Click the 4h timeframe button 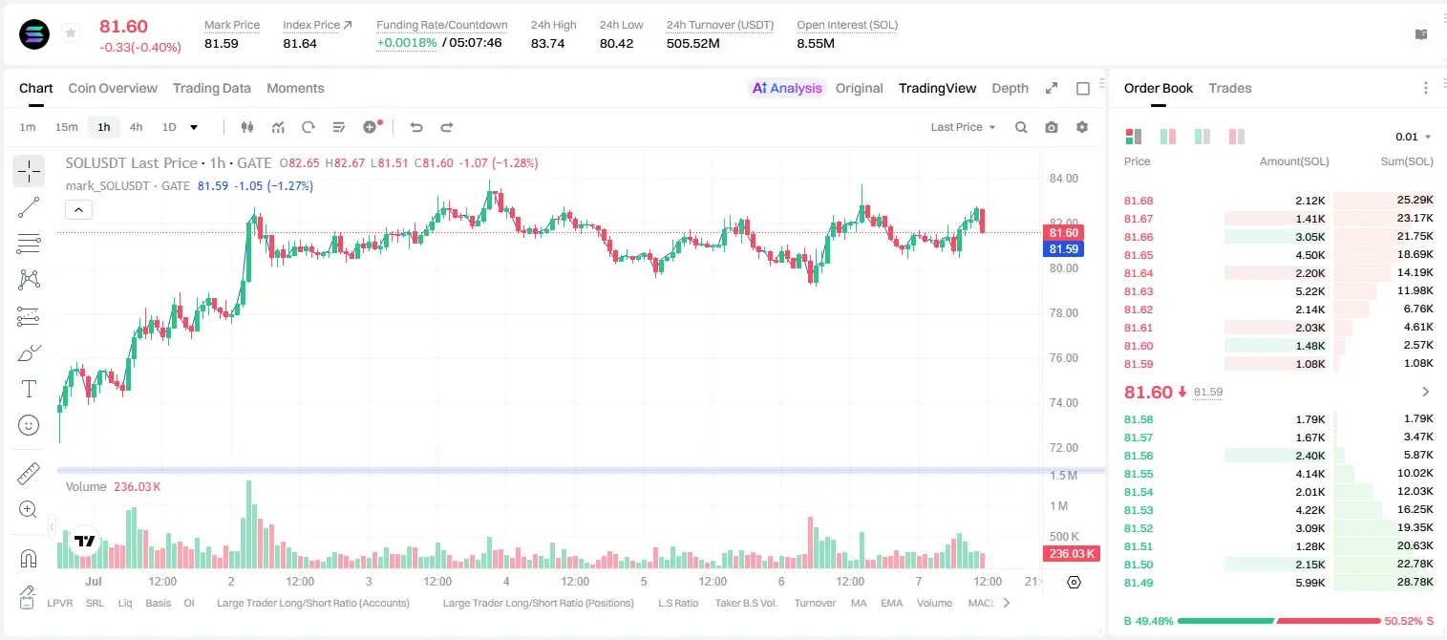[136, 127]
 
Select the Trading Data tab [212, 89]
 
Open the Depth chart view [1010, 89]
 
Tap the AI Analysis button [787, 89]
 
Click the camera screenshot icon [1052, 127]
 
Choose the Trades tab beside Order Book [1230, 89]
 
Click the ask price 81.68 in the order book [1138, 201]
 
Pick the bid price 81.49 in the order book [1138, 583]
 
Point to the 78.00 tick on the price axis [1064, 313]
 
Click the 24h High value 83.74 [548, 43]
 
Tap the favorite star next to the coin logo [71, 32]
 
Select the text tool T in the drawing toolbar [29, 389]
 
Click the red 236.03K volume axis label [1072, 553]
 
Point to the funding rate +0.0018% [407, 43]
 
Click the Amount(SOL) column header [1294, 161]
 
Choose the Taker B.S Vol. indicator [746, 603]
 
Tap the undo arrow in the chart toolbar [416, 127]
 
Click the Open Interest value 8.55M [816, 43]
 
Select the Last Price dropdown [963, 127]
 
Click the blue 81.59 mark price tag [1063, 249]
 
